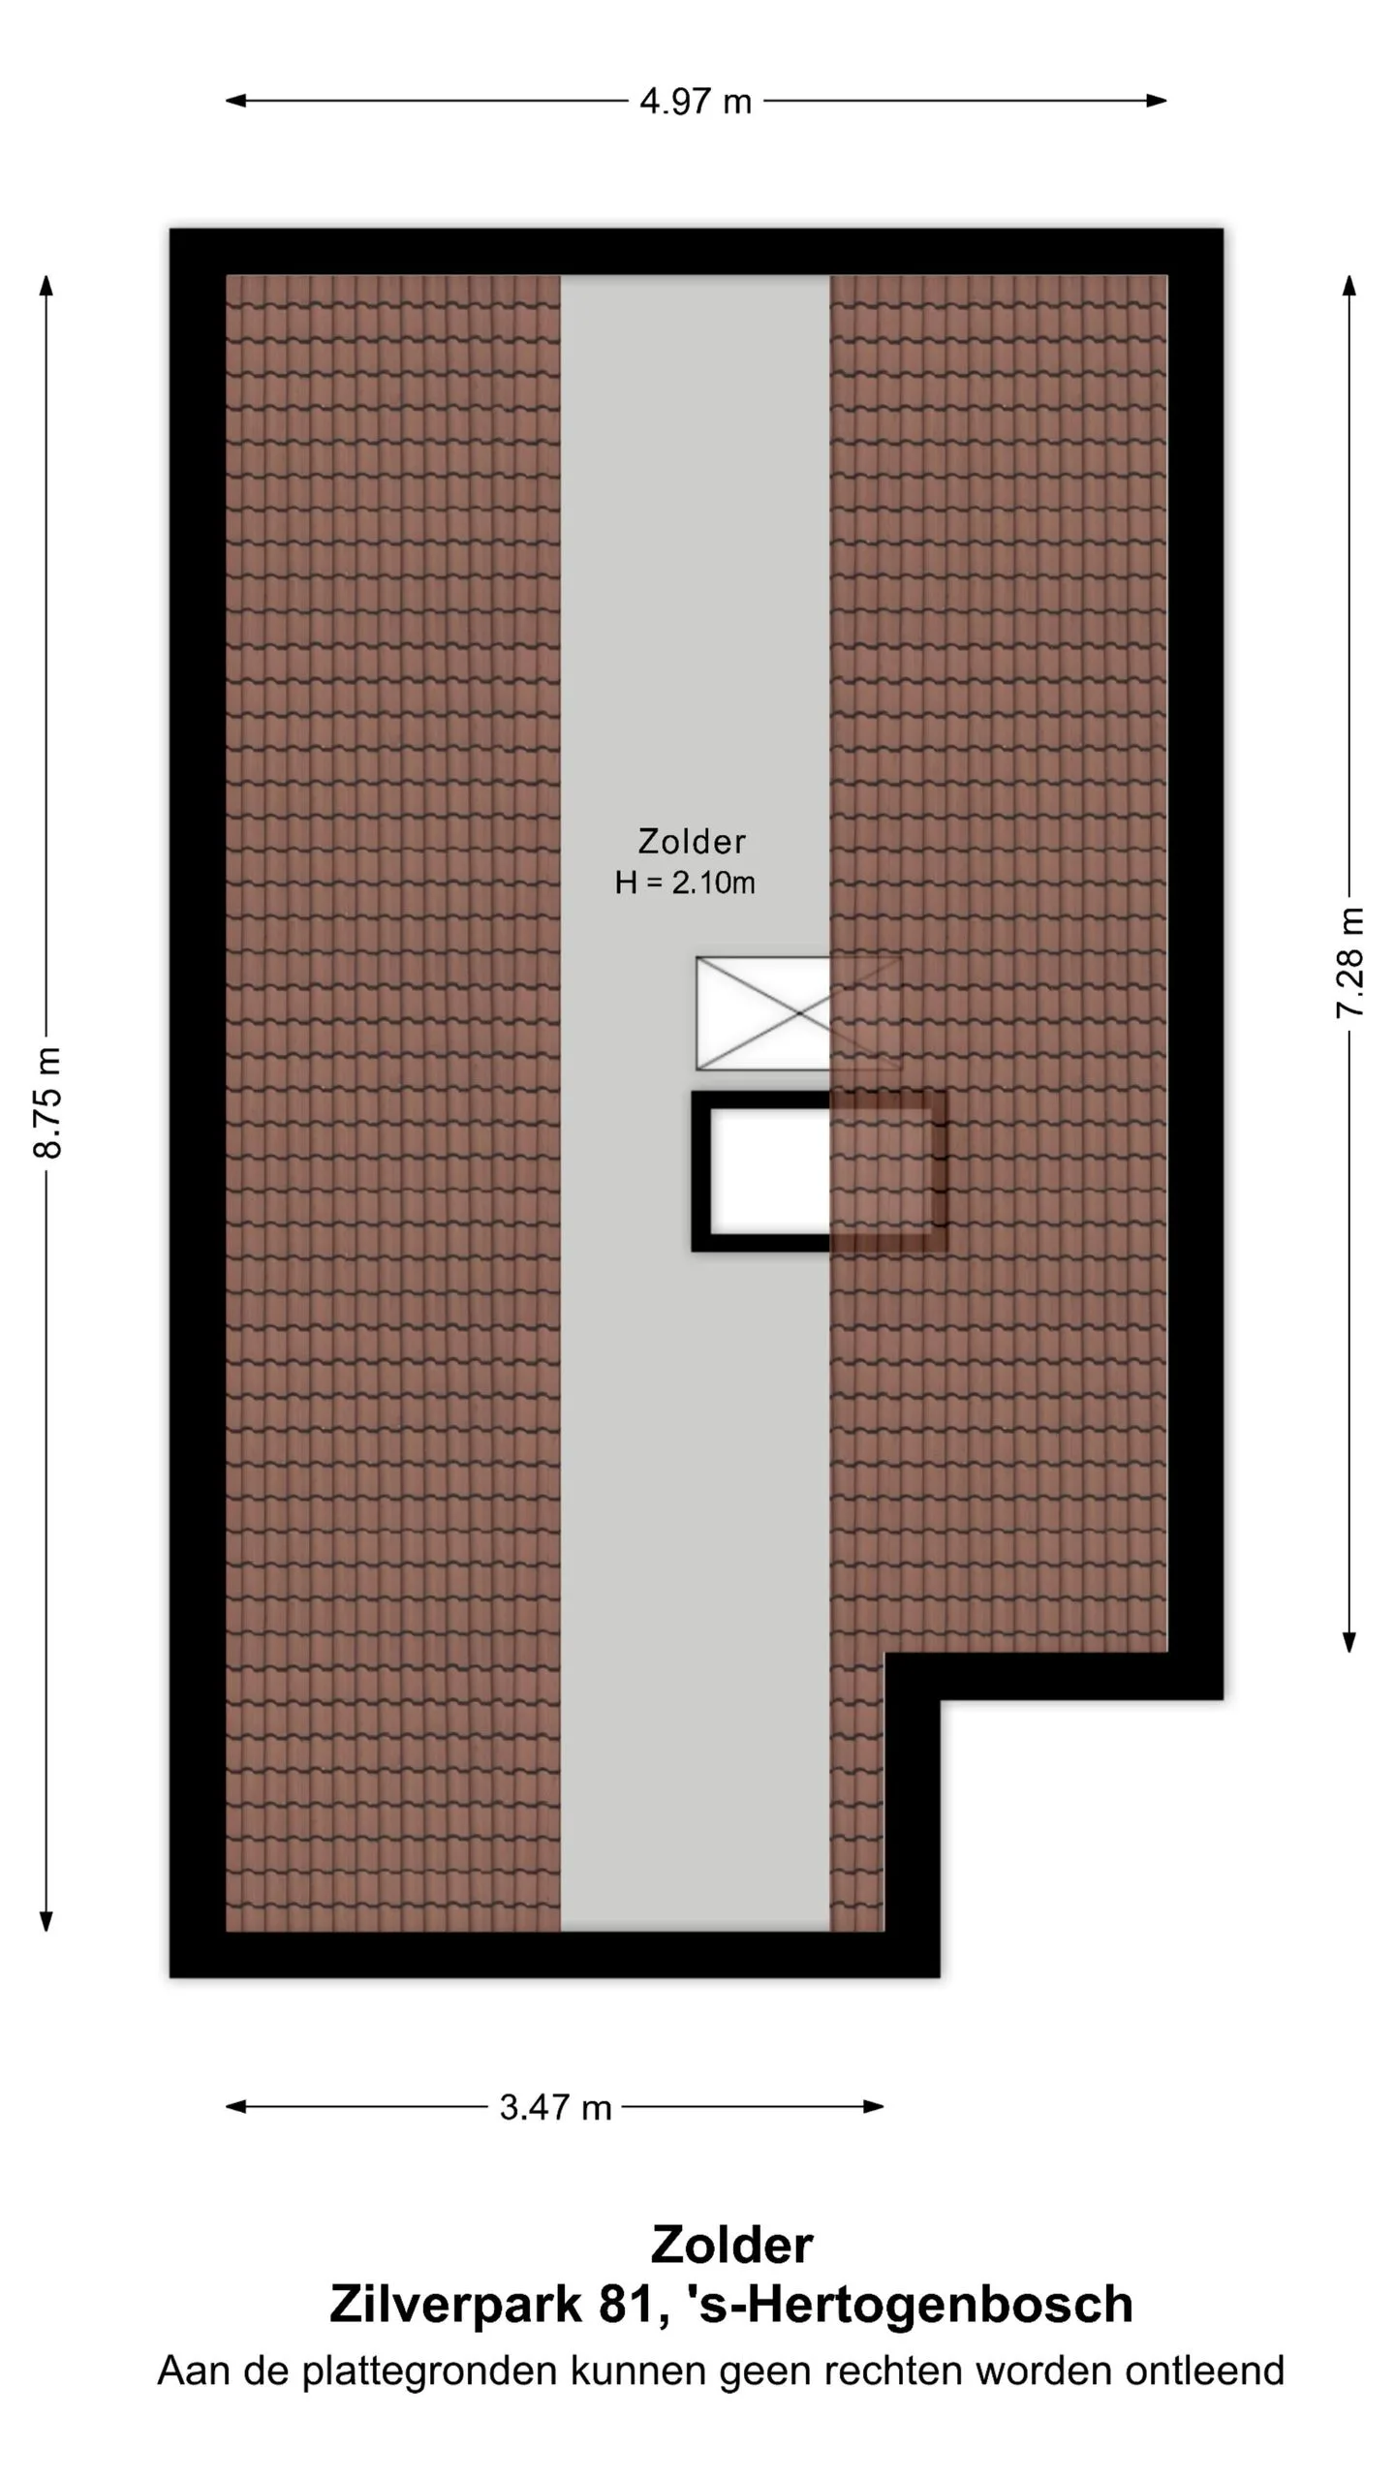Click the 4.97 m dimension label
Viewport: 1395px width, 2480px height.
coord(696,101)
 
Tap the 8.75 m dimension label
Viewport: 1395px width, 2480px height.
coord(47,1101)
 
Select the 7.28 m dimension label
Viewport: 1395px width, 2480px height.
coord(1349,962)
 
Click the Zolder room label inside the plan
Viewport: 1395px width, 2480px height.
coord(692,841)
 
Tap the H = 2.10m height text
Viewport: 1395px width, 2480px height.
coord(685,883)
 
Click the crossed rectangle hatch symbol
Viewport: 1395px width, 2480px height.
coord(798,1013)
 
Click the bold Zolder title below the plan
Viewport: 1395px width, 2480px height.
coord(731,2244)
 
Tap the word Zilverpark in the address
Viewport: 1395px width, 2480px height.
coord(455,2304)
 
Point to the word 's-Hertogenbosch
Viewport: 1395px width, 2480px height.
coord(909,2304)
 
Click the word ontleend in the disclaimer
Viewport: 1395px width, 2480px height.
coord(1204,2371)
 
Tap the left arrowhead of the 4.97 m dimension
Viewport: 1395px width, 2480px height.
coord(235,100)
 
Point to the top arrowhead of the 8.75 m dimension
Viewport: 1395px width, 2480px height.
coord(46,286)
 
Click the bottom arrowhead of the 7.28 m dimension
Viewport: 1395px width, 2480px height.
coord(1349,1641)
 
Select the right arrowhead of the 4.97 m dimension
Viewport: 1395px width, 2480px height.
coord(1157,100)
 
